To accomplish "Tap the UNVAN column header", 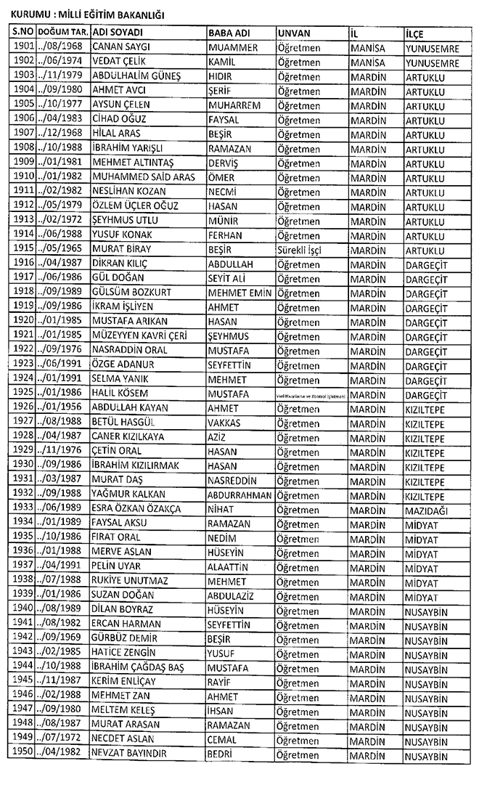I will (294, 34).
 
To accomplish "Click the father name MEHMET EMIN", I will (239, 292).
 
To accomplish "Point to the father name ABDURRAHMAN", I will (240, 496).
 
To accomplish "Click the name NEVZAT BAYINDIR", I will (130, 754).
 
